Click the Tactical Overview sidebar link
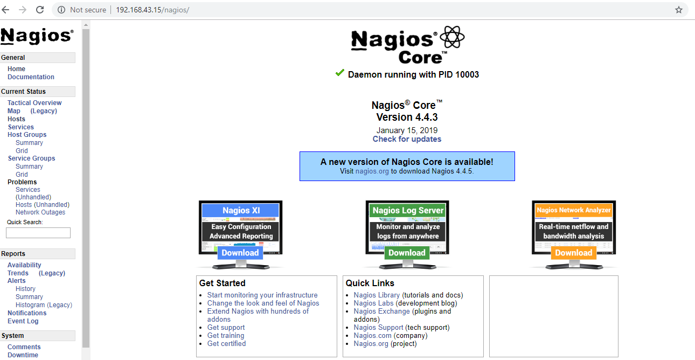(34, 103)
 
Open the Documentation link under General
(31, 77)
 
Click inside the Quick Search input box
(38, 233)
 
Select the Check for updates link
(407, 139)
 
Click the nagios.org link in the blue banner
(372, 171)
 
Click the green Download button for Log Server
(407, 253)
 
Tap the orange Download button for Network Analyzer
(573, 253)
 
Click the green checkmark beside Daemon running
(339, 73)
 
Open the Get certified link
(226, 344)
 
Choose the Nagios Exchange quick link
(381, 311)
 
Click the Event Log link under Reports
(23, 321)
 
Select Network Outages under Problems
(40, 212)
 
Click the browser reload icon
(40, 10)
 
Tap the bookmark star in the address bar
(679, 10)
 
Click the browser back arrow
(6, 10)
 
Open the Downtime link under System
(23, 355)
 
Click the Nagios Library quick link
(377, 295)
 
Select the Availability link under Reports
(24, 265)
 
